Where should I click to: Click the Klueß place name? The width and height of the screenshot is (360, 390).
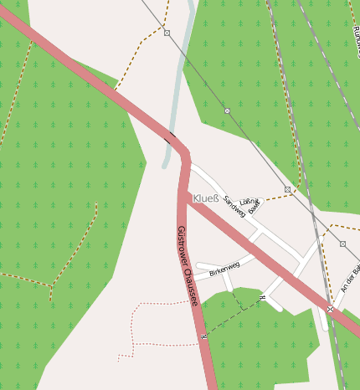click(x=205, y=198)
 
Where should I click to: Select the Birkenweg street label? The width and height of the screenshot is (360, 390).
click(x=224, y=269)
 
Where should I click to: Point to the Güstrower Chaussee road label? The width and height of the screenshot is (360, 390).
click(x=188, y=265)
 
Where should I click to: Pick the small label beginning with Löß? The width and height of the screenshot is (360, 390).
click(x=250, y=202)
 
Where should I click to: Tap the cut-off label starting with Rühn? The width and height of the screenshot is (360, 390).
click(x=356, y=33)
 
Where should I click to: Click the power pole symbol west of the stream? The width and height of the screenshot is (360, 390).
click(x=167, y=33)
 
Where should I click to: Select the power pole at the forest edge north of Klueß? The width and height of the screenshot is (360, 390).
click(x=227, y=110)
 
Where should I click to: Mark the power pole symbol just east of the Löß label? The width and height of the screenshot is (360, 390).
click(x=287, y=189)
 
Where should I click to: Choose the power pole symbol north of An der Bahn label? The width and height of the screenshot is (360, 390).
click(x=342, y=244)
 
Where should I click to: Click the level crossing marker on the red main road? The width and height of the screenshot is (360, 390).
click(x=331, y=309)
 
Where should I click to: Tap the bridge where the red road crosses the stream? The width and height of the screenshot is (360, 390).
click(x=173, y=137)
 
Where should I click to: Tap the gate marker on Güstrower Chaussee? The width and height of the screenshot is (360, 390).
click(x=203, y=336)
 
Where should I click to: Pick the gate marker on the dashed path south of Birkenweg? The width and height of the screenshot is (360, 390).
click(x=262, y=297)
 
